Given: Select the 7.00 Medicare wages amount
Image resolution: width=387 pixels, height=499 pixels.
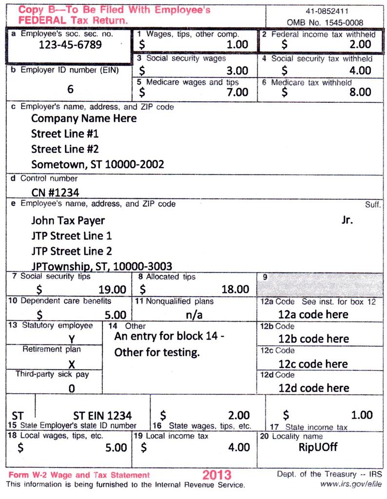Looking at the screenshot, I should pos(238,92).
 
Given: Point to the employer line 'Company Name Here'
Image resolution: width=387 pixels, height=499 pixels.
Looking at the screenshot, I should pos(84,118).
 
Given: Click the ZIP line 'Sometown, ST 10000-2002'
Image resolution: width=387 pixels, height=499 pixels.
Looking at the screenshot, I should pos(97,164).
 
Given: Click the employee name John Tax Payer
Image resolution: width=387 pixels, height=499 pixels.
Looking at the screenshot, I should pos(68,220).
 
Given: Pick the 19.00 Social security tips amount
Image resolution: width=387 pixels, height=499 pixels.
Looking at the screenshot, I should pos(112,289).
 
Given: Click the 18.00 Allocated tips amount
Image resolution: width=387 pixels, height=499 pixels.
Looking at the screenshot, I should pos(235,289).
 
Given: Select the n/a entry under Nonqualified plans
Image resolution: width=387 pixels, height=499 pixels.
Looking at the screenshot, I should pos(194,314).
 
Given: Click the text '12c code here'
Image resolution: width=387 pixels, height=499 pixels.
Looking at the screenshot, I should pos(313,364).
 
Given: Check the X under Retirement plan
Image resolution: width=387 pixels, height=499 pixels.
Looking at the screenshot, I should pos(72,364).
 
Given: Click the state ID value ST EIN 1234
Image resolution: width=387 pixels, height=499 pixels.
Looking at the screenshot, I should pos(102,416).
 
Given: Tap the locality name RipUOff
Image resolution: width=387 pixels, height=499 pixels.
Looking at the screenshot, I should pos(318,447).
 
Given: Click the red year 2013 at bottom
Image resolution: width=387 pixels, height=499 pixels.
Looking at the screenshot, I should pos(217,475).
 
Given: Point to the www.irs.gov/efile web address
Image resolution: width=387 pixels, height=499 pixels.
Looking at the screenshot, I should pos(351,484).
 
